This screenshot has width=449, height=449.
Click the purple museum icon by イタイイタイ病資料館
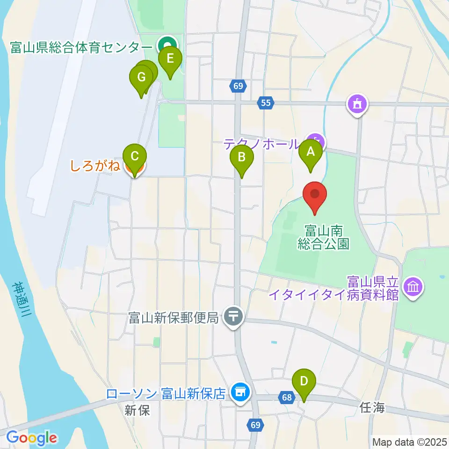tap(413, 286)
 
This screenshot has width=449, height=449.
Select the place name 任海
tap(372, 407)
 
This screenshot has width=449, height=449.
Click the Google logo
tap(32, 438)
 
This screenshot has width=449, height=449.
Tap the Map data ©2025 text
tap(409, 441)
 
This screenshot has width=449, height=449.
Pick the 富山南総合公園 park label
tap(323, 237)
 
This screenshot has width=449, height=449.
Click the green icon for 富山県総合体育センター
tap(164, 46)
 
